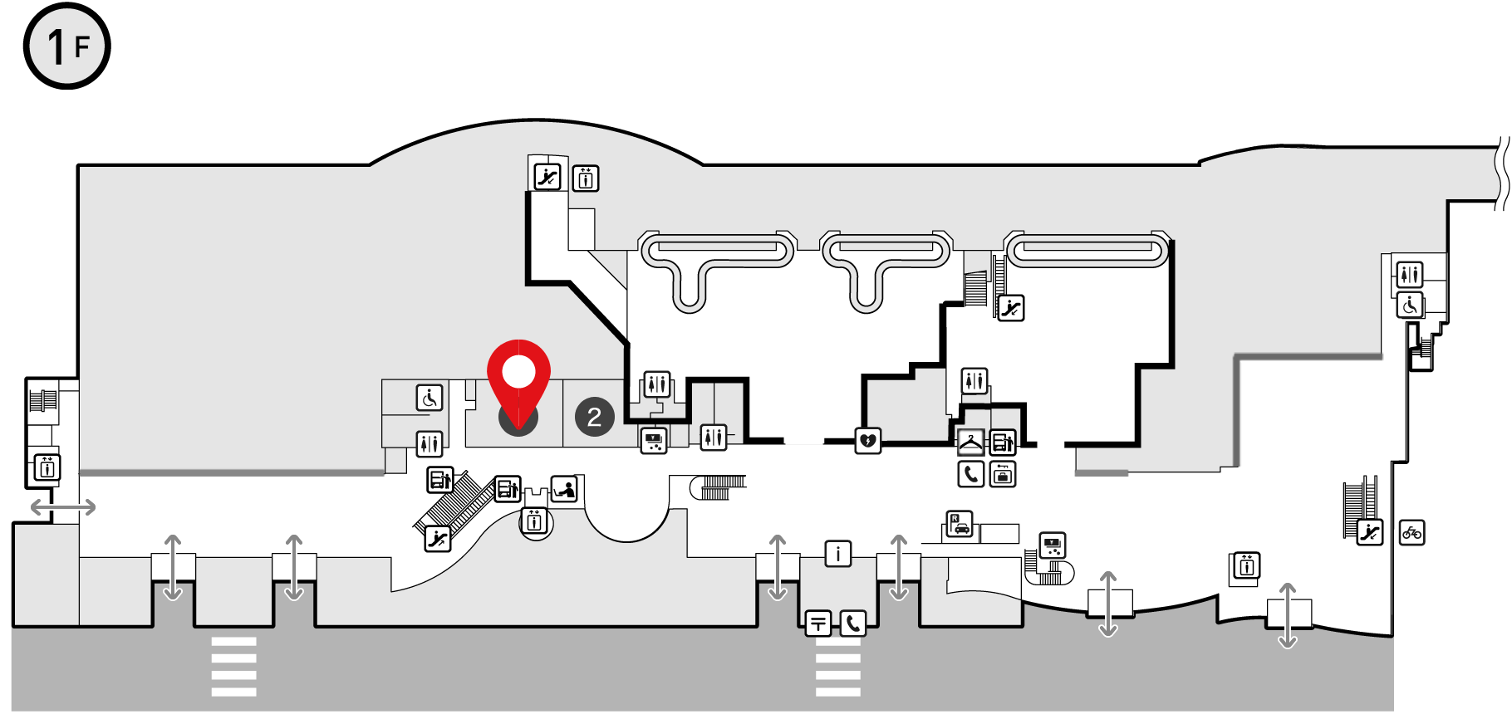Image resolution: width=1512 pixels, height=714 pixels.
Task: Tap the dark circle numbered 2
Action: click(x=594, y=417)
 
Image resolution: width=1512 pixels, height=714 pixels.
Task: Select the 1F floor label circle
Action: click(x=66, y=46)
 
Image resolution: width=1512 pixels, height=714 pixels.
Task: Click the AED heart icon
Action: click(x=868, y=440)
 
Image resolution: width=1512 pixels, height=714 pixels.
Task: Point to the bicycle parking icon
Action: click(x=1411, y=532)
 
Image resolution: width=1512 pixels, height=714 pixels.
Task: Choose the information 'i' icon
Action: click(x=837, y=553)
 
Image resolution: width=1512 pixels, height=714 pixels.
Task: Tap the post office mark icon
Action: click(x=818, y=623)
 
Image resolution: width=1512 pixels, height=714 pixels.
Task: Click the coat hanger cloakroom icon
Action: click(x=970, y=443)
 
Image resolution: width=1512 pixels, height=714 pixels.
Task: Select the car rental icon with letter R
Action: click(x=960, y=524)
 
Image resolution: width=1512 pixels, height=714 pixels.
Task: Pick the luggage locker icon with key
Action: click(x=1003, y=474)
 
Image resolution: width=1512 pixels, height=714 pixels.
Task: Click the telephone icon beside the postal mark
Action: click(x=853, y=623)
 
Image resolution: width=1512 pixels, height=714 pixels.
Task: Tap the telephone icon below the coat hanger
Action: click(x=970, y=474)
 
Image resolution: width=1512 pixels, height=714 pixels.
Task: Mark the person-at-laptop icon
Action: click(x=564, y=489)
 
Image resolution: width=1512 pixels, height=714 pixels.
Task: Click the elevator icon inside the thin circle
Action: click(x=535, y=522)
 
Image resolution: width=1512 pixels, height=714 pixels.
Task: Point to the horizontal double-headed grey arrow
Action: click(x=63, y=506)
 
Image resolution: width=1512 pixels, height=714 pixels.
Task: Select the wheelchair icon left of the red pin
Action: click(x=430, y=398)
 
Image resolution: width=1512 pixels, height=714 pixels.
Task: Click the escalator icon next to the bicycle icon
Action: click(x=1370, y=532)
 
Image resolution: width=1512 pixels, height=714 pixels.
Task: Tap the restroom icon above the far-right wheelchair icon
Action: click(x=1410, y=274)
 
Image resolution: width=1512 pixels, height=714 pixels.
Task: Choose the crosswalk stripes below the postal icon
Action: click(x=838, y=668)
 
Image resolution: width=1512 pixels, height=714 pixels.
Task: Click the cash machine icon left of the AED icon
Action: click(x=655, y=440)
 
